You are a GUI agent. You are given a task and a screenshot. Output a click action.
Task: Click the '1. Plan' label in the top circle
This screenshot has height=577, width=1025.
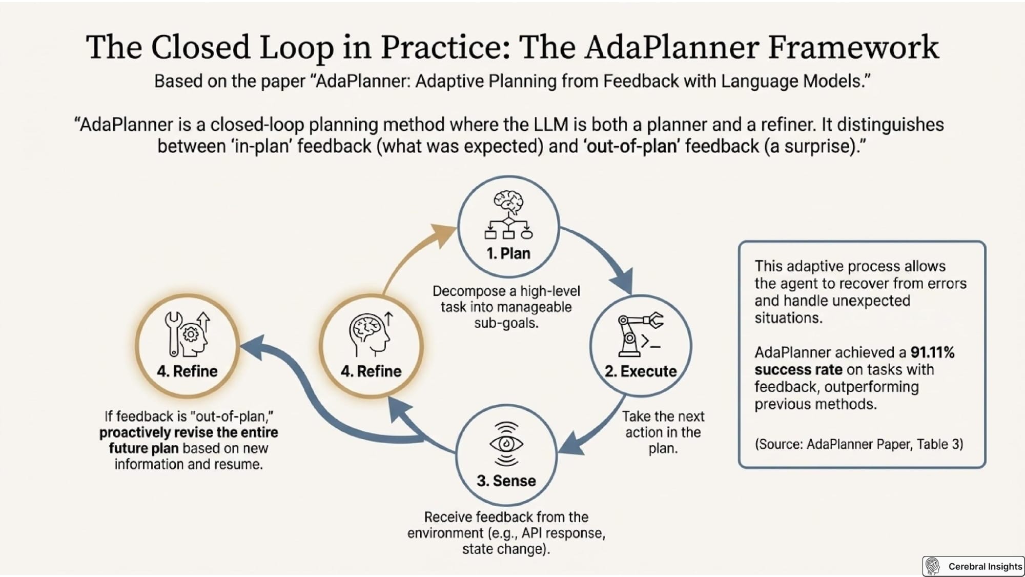[508, 253]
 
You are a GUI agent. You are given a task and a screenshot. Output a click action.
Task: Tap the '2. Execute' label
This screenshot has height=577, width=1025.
[641, 371]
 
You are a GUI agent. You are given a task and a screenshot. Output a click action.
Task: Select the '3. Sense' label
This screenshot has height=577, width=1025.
[506, 481]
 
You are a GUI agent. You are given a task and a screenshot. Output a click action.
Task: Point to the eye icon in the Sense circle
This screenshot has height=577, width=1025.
[506, 444]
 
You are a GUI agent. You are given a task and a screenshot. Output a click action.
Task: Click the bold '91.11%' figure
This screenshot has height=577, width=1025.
[932, 352]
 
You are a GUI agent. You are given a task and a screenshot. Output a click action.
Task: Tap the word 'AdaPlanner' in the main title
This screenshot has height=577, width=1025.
[672, 47]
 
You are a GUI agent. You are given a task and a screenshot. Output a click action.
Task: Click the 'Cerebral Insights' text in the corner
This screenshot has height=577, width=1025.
[985, 566]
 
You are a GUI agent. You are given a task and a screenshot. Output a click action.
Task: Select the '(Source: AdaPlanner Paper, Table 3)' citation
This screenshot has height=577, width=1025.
[859, 444]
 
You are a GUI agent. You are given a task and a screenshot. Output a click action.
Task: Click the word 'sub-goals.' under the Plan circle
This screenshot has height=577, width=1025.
[506, 323]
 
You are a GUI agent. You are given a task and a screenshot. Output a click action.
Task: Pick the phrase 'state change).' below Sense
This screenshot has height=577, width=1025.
[506, 549]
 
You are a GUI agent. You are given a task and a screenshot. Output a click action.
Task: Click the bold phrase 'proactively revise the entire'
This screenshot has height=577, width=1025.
[189, 432]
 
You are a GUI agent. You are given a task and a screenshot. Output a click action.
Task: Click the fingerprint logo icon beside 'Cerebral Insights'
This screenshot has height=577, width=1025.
[933, 566]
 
